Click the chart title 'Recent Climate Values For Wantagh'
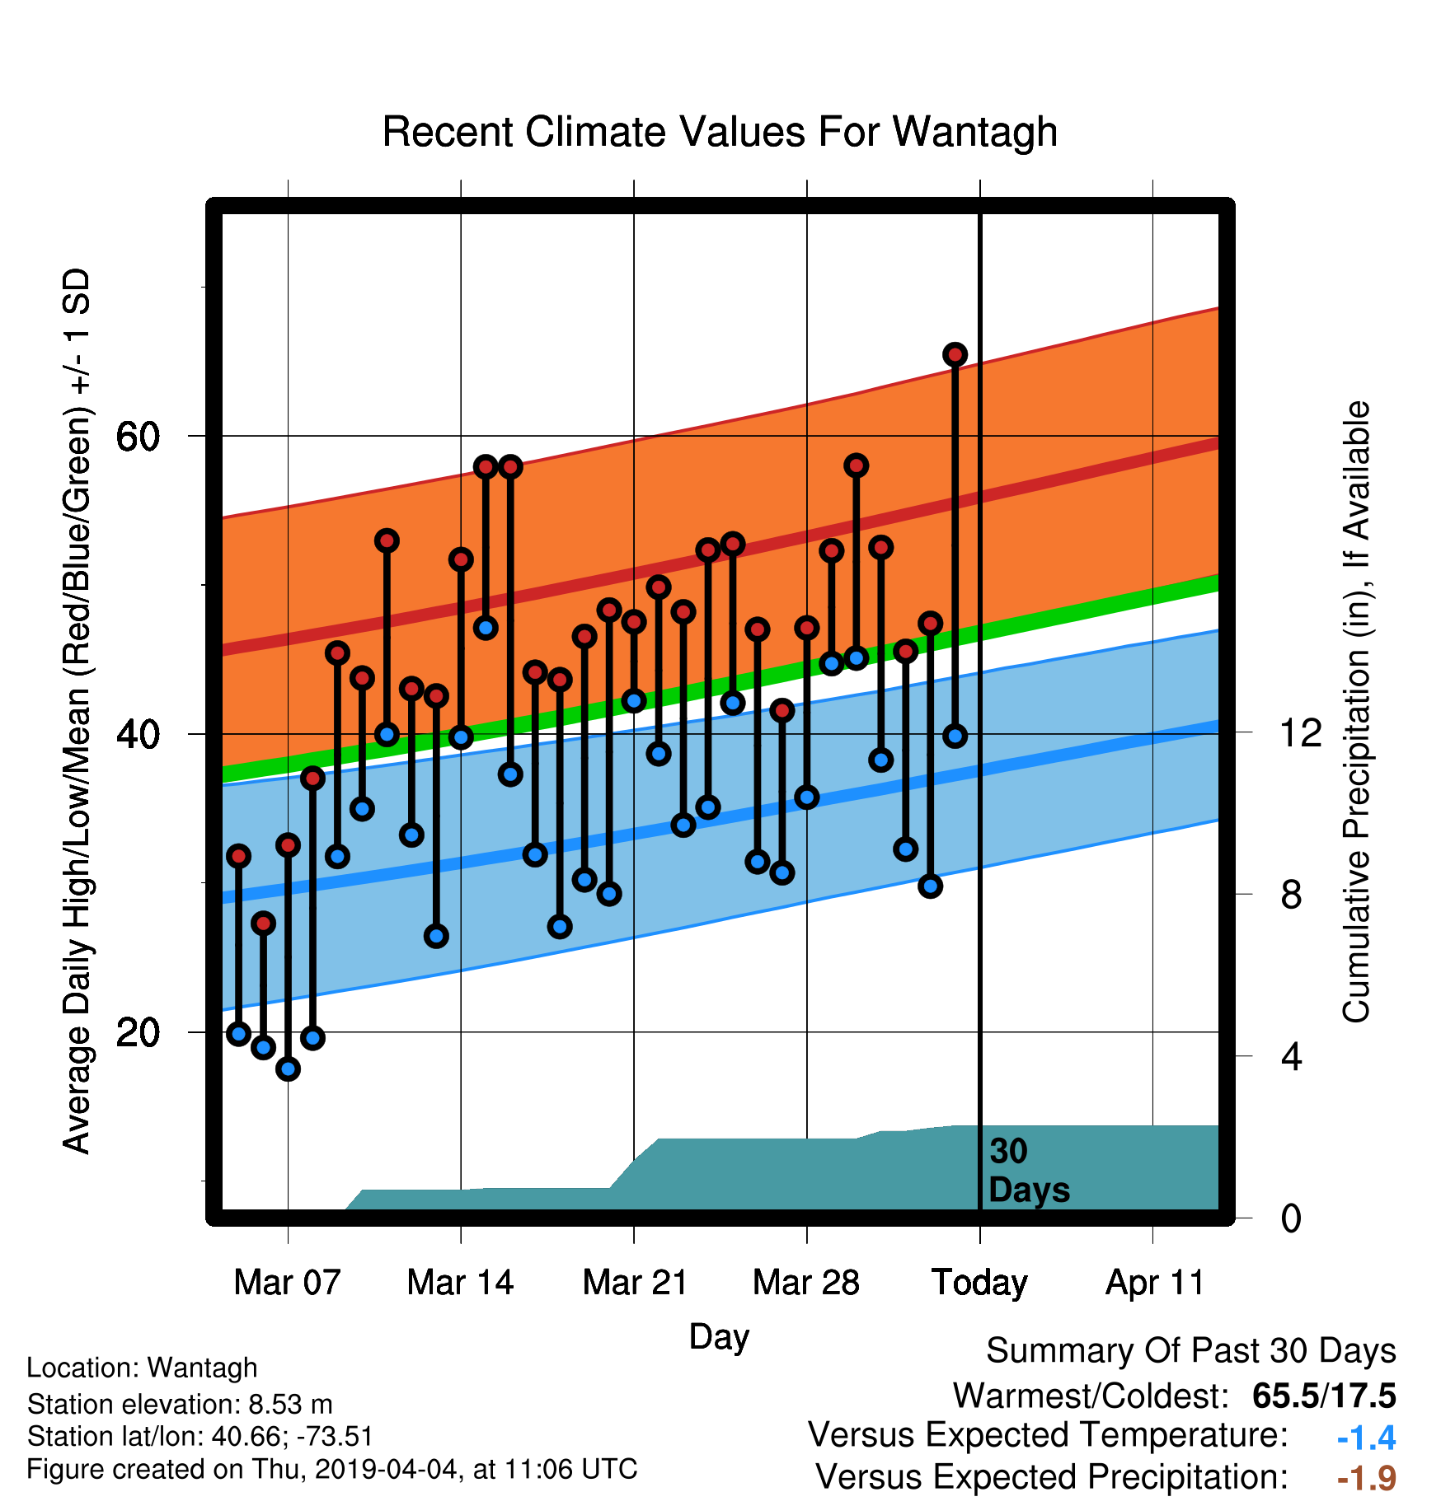click(x=720, y=132)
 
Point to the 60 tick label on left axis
click(x=138, y=437)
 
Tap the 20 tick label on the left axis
click(x=138, y=1032)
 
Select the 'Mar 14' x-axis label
click(x=460, y=1283)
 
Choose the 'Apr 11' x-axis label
click(x=1154, y=1283)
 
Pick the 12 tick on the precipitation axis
click(x=1300, y=732)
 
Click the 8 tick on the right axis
click(x=1291, y=894)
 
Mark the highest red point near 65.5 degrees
click(x=955, y=354)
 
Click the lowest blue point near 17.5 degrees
click(x=288, y=1069)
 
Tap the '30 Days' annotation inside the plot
click(x=1029, y=1171)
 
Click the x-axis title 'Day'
click(x=719, y=1337)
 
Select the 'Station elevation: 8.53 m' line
click(x=180, y=1404)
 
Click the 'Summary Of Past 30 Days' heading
click(x=1191, y=1351)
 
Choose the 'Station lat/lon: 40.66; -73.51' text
click(x=200, y=1437)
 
